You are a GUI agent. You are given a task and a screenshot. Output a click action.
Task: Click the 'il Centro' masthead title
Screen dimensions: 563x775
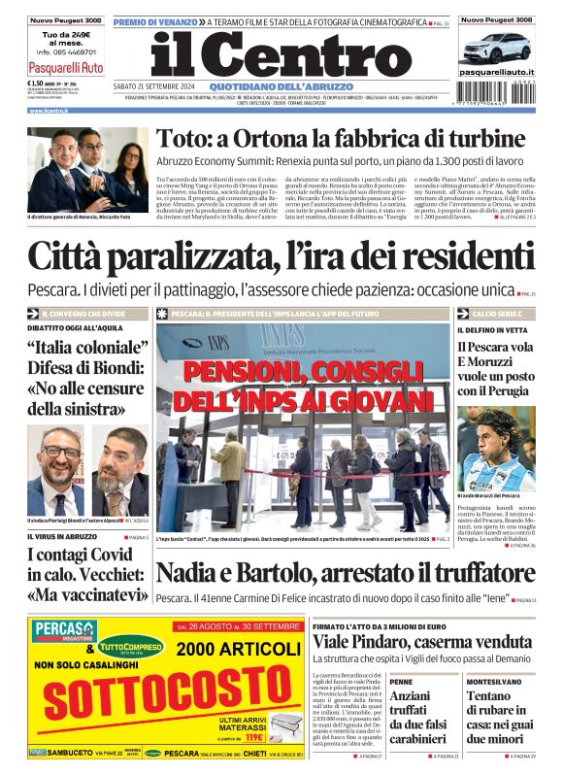click(281, 56)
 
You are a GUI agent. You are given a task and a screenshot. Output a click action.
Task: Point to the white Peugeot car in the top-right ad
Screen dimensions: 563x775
click(495, 46)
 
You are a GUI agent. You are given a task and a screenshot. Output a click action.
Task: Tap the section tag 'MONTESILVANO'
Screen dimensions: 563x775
click(494, 682)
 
